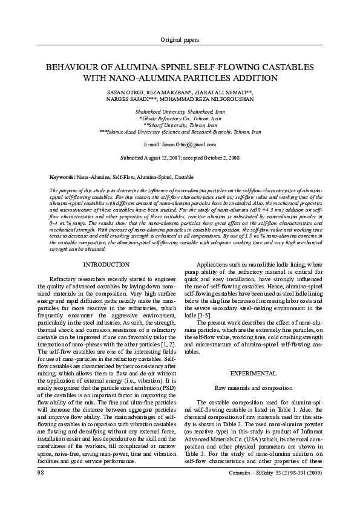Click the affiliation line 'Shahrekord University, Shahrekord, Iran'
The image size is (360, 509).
coord(180,112)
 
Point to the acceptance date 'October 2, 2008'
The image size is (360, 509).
coord(219,157)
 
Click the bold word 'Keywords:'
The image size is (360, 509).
coord(63,177)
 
